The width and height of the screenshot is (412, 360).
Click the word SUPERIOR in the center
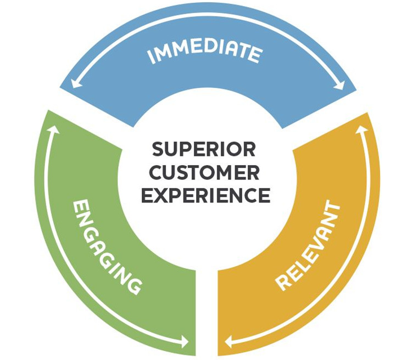[x=204, y=150]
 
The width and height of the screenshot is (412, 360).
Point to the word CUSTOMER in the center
[x=204, y=173]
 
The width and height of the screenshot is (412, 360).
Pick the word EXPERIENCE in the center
[x=204, y=196]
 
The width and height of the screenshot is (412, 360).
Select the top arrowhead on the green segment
[x=53, y=130]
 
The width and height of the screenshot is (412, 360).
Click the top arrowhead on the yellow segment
[x=360, y=131]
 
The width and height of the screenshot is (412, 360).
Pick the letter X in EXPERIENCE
[x=159, y=196]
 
